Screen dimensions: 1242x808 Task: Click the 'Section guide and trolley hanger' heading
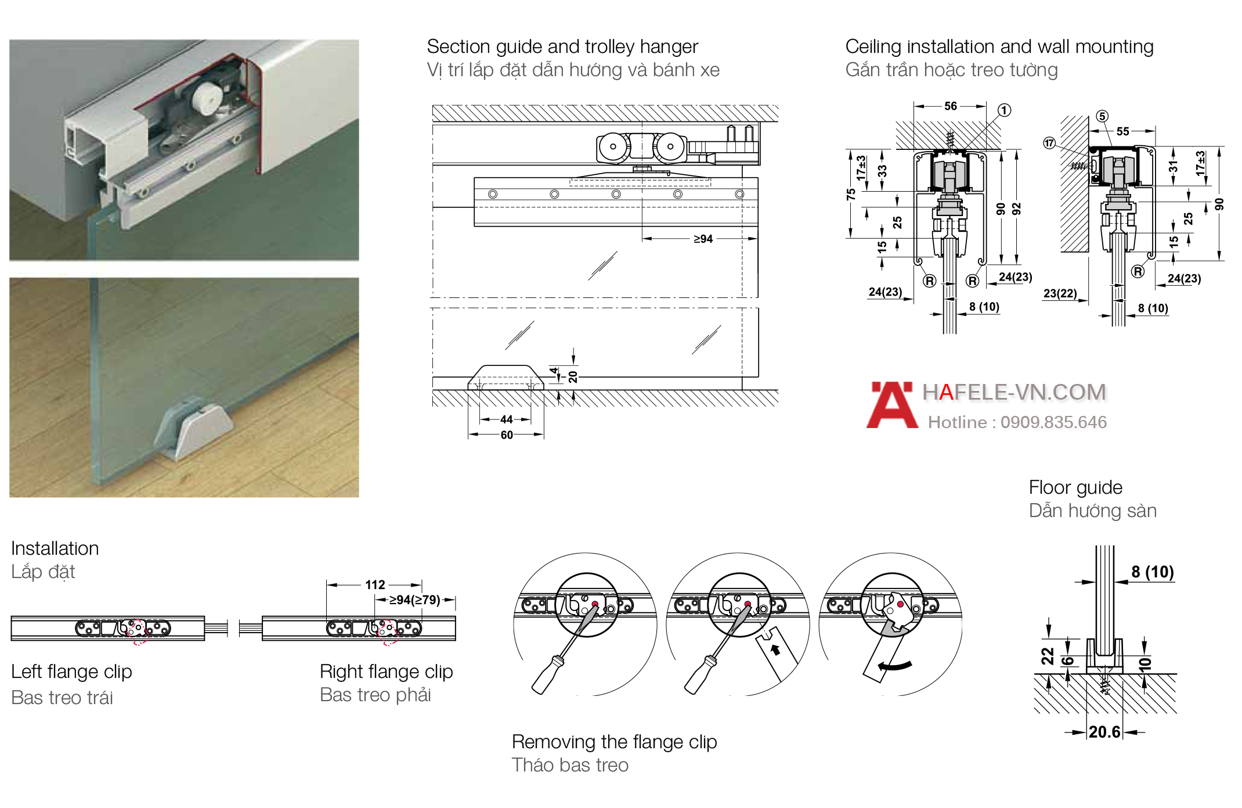click(562, 47)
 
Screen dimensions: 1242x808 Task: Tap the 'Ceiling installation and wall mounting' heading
click(999, 47)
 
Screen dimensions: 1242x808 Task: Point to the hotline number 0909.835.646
click(1053, 422)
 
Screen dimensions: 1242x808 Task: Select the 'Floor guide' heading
click(1075, 487)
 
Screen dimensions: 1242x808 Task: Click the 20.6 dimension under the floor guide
click(1104, 732)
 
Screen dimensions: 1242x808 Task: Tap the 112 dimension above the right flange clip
click(375, 585)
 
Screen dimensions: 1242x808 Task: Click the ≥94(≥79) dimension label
click(414, 600)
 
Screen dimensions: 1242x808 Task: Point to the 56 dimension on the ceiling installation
click(951, 106)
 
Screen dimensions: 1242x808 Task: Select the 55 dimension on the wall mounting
click(1123, 132)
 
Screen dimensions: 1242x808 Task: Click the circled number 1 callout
click(1005, 110)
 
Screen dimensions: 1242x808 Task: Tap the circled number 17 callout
click(1049, 143)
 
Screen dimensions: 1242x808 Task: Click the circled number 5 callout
click(1102, 116)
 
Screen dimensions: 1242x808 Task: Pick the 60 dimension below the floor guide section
click(507, 435)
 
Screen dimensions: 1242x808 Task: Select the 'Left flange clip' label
click(71, 672)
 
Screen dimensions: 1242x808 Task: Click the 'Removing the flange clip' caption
click(614, 742)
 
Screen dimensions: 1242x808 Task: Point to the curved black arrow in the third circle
click(894, 665)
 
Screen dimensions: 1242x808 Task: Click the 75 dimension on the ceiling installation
click(851, 194)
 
